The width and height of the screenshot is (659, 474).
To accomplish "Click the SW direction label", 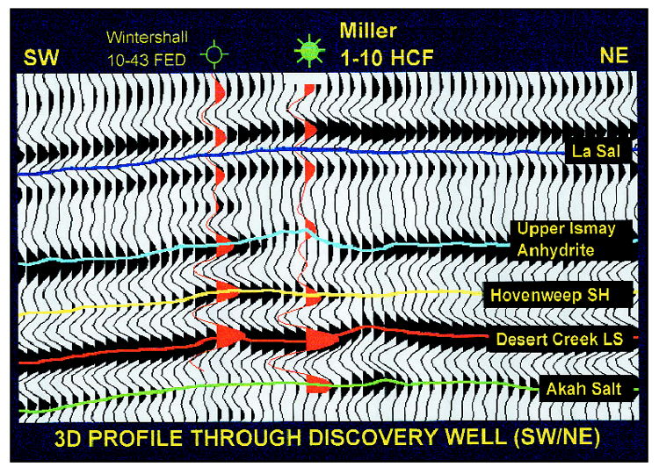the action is click(x=40, y=58).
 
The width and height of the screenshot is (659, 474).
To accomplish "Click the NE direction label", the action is click(x=614, y=55).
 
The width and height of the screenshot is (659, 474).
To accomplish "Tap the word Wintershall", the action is click(x=147, y=38).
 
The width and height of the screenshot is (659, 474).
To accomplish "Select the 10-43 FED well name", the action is click(x=146, y=61).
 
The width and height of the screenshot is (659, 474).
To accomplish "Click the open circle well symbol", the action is click(x=214, y=54).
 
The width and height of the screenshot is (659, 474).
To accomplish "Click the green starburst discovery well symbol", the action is click(x=310, y=51).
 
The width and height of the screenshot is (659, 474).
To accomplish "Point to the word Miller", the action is click(x=368, y=31).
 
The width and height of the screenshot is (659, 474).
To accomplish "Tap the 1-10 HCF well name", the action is click(x=387, y=57).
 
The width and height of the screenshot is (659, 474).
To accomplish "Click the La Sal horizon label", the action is click(x=596, y=151).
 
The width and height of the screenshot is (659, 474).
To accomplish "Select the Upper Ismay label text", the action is click(x=566, y=229).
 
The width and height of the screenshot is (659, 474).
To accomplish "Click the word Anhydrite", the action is click(x=555, y=250).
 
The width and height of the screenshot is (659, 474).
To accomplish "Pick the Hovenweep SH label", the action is click(x=550, y=295).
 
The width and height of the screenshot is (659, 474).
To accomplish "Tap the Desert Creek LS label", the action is click(x=560, y=339).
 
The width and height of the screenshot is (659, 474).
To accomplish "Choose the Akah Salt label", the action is click(x=583, y=389).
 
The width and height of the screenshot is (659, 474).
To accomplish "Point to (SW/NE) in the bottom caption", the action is click(x=556, y=438).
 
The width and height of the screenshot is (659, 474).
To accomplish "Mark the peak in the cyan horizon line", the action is click(x=306, y=229).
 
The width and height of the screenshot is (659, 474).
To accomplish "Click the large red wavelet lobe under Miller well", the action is click(x=322, y=339).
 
